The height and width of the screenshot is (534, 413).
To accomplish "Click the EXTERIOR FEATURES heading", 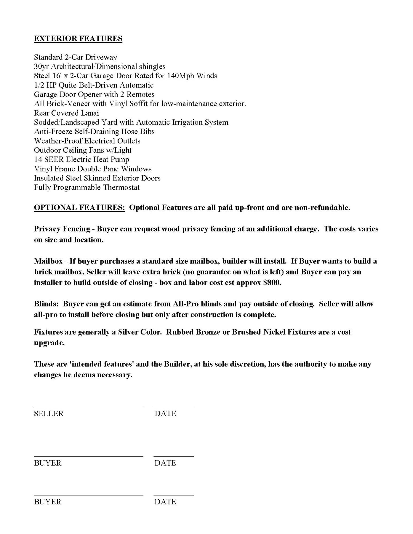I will coord(78,38).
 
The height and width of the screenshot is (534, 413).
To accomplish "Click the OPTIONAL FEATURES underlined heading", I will coord(79,207).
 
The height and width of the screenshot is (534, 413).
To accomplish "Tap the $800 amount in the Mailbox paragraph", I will coord(272,282).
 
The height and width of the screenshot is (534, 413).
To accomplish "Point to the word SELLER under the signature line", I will coord(49,414).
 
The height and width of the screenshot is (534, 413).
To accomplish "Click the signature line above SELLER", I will coord(88,407).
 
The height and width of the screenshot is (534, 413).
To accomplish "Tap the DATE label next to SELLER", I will coord(165,414).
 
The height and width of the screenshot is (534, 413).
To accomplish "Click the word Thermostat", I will coord(121,187).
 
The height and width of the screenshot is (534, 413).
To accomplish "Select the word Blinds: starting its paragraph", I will coord(46,304).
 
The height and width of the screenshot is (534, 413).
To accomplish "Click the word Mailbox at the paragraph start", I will coord(48,261).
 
